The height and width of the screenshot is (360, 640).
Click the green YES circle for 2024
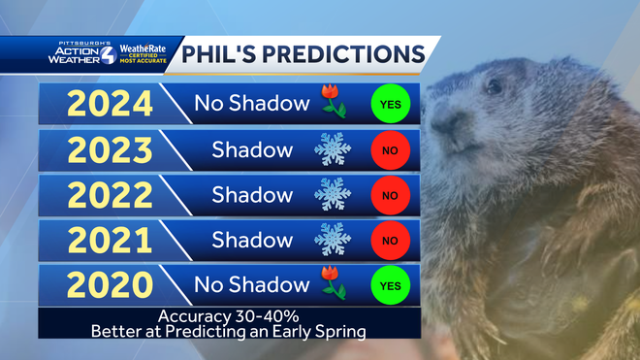(391, 103)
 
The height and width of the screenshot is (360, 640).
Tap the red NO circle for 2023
(391, 149)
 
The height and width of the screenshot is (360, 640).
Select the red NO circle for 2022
(391, 195)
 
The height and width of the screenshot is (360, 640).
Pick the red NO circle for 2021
(391, 241)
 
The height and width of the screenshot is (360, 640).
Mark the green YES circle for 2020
(391, 286)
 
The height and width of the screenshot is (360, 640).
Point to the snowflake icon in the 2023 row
(333, 149)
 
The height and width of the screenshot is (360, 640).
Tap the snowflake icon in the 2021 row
(333, 240)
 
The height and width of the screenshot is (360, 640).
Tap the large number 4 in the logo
(108, 53)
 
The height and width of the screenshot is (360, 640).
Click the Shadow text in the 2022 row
(252, 195)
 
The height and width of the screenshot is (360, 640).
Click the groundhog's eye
(495, 87)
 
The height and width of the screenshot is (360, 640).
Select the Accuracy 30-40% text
(230, 316)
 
